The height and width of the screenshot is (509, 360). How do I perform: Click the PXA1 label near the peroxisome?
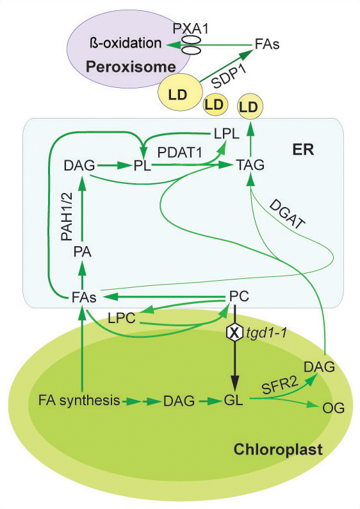[x=190, y=29]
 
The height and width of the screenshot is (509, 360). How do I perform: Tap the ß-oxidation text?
[x=125, y=43]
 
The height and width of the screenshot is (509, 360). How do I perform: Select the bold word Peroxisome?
[x=131, y=67]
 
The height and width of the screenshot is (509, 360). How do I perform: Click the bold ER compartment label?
[x=303, y=150]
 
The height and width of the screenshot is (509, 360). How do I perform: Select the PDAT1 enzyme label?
[x=179, y=152]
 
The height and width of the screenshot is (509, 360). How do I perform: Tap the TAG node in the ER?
[x=250, y=165]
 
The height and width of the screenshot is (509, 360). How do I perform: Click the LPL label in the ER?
[x=227, y=133]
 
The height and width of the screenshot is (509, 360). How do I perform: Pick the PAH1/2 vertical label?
[x=67, y=217]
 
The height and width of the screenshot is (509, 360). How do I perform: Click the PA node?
[x=83, y=252]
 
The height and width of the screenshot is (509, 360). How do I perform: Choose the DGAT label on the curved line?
[x=288, y=215]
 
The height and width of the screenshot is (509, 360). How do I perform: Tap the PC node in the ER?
[x=239, y=296]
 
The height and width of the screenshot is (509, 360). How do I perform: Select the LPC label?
[x=122, y=318]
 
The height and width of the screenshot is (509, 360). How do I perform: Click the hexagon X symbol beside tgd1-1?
[x=234, y=333]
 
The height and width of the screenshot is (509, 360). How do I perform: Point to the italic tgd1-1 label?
[x=266, y=333]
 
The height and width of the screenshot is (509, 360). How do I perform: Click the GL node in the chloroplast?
[x=234, y=400]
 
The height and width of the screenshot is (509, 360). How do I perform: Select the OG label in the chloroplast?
[x=333, y=408]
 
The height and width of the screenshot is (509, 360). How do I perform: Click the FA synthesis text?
[x=79, y=400]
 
